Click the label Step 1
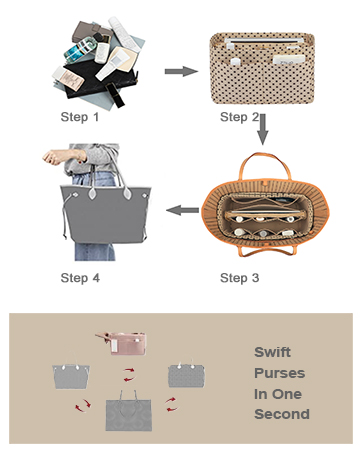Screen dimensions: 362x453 (x=80, y=117)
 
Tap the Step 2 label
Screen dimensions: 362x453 (x=239, y=117)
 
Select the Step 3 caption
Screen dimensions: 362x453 (x=239, y=278)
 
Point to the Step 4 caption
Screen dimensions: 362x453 (x=80, y=278)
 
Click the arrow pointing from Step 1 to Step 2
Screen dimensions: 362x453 (x=181, y=71)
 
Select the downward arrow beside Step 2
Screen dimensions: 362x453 (x=263, y=129)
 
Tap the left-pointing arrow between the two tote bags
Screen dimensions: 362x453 (x=182, y=210)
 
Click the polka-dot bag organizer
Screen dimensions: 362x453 (x=262, y=68)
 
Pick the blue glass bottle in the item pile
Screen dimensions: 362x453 (x=80, y=49)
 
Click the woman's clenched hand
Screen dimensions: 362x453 (x=53, y=157)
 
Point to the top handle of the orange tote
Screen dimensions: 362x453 (x=266, y=165)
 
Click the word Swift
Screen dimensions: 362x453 (x=272, y=352)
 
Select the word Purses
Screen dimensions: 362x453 (x=279, y=373)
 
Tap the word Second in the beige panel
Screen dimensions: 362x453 (x=282, y=414)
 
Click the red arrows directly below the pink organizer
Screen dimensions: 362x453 (x=129, y=374)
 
